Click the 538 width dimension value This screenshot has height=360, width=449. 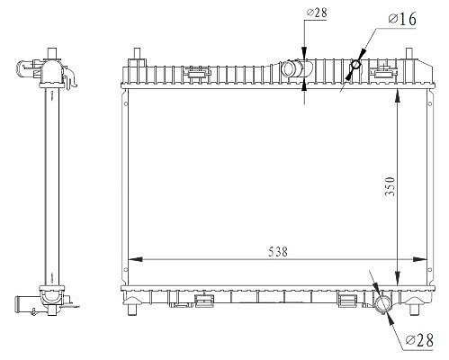coord(278,251)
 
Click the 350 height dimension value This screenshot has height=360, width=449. coord(390,186)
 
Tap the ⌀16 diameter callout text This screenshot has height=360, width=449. coord(402,20)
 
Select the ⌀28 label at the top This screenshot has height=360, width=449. coord(317,13)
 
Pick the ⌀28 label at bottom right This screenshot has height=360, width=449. coord(419,340)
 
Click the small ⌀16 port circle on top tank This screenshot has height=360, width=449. coord(355,64)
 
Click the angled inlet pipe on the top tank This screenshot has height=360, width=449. coord(296,68)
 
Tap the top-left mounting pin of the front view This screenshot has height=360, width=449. coord(137,53)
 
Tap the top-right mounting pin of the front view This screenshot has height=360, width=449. coord(409,53)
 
